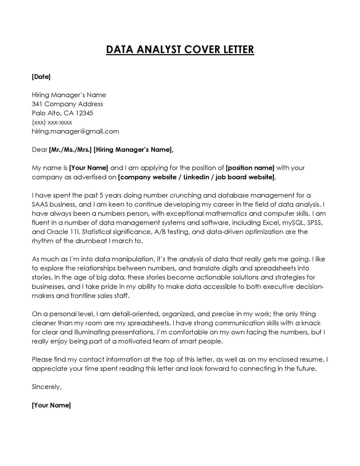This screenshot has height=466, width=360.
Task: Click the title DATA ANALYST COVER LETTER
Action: [x=180, y=49]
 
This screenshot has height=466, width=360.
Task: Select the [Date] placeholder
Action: [x=41, y=77]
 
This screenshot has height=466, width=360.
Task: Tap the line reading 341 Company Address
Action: [x=67, y=104]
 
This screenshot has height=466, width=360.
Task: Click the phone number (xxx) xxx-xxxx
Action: [x=52, y=122]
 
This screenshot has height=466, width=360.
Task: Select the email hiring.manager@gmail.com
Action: [x=75, y=131]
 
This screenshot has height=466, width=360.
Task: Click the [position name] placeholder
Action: [x=250, y=168]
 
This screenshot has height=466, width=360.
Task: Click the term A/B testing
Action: [x=169, y=232]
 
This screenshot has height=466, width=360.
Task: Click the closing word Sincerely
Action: [x=46, y=387]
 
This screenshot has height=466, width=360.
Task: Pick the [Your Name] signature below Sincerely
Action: [x=51, y=405]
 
